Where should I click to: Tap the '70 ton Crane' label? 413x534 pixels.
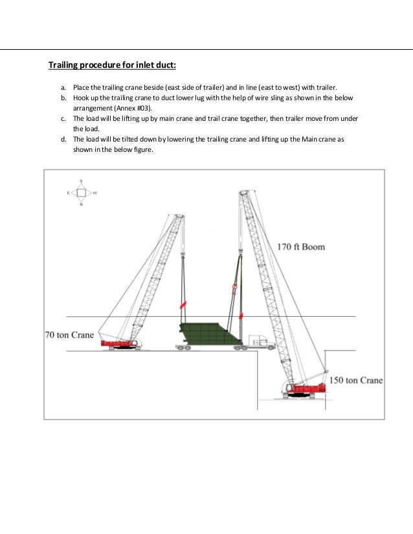[x=69, y=336]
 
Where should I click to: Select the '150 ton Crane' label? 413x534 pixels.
[x=357, y=380]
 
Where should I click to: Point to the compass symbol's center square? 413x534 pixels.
[x=81, y=193]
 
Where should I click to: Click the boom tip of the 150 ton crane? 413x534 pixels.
[x=243, y=192]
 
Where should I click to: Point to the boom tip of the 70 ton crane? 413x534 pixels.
[x=179, y=216]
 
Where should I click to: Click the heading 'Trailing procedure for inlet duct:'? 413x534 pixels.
[x=113, y=65]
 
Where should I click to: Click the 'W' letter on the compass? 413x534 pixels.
[x=95, y=193]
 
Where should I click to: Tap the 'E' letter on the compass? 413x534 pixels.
[x=68, y=193]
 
